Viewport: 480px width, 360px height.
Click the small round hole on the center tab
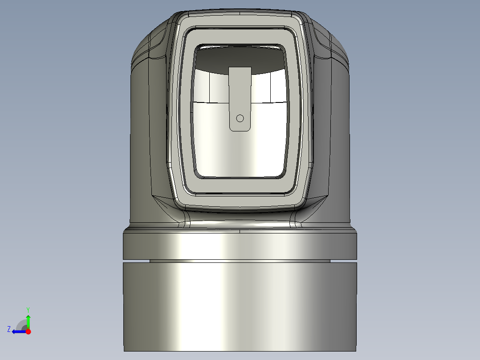tap(240, 118)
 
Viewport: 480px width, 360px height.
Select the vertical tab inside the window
tap(240, 94)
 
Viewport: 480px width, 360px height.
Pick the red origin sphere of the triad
tap(28, 331)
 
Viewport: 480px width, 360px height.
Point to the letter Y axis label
tap(28, 309)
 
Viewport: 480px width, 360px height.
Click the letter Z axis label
tap(9, 329)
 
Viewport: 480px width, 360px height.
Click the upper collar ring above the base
tap(240, 245)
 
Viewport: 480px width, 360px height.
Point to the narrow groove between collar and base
tap(240, 261)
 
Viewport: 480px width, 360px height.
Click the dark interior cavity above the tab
tap(240, 58)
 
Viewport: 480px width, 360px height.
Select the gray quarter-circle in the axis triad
tap(21, 325)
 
